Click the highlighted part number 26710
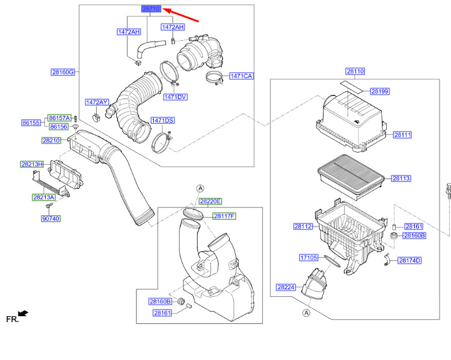pos(151,9)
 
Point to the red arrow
pos(180,15)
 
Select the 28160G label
pos(63,72)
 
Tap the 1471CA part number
pos(241,76)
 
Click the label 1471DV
pos(175,97)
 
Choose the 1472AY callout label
pos(97,102)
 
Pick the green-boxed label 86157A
pos(59,118)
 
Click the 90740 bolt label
pos(51,219)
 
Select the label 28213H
pos(32,164)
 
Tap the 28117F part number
pos(224,216)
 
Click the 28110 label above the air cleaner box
pos(355,72)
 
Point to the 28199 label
pos(379,91)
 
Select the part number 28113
pos(401,178)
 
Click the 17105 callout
pos(308,257)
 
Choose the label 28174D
pos(410,260)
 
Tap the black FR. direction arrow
pos(23,313)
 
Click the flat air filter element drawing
pos(351,177)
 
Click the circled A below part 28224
pos(307,313)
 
